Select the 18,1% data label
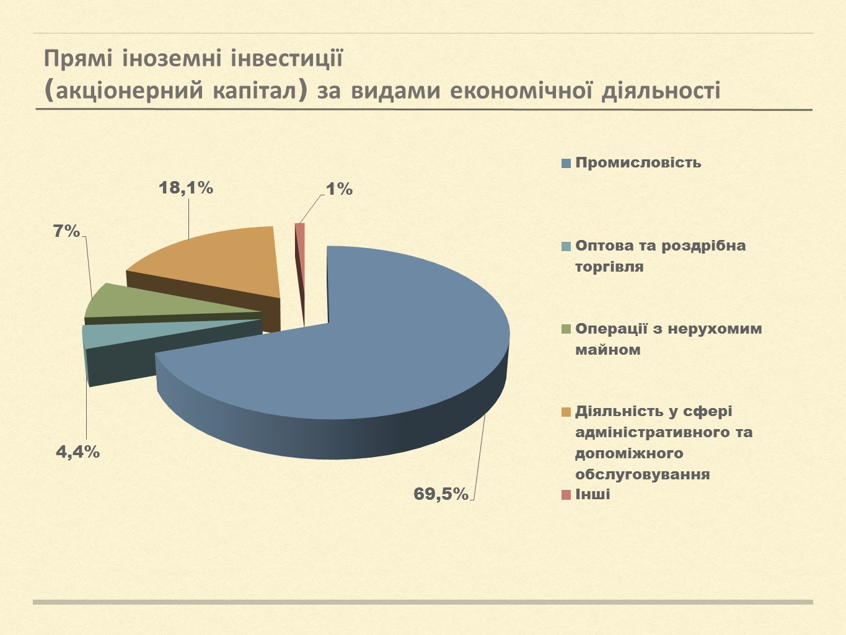pos(186,188)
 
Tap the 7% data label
pos(67,232)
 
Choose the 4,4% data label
pos(78,452)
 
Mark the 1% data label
pos(339,189)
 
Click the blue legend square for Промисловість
pos(566,164)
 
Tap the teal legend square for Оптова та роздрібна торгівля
pos(566,247)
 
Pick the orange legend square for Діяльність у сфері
pos(566,412)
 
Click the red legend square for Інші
pos(566,495)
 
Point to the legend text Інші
pos(593,494)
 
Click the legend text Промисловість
pos(638,162)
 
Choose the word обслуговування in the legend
pos(642,474)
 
